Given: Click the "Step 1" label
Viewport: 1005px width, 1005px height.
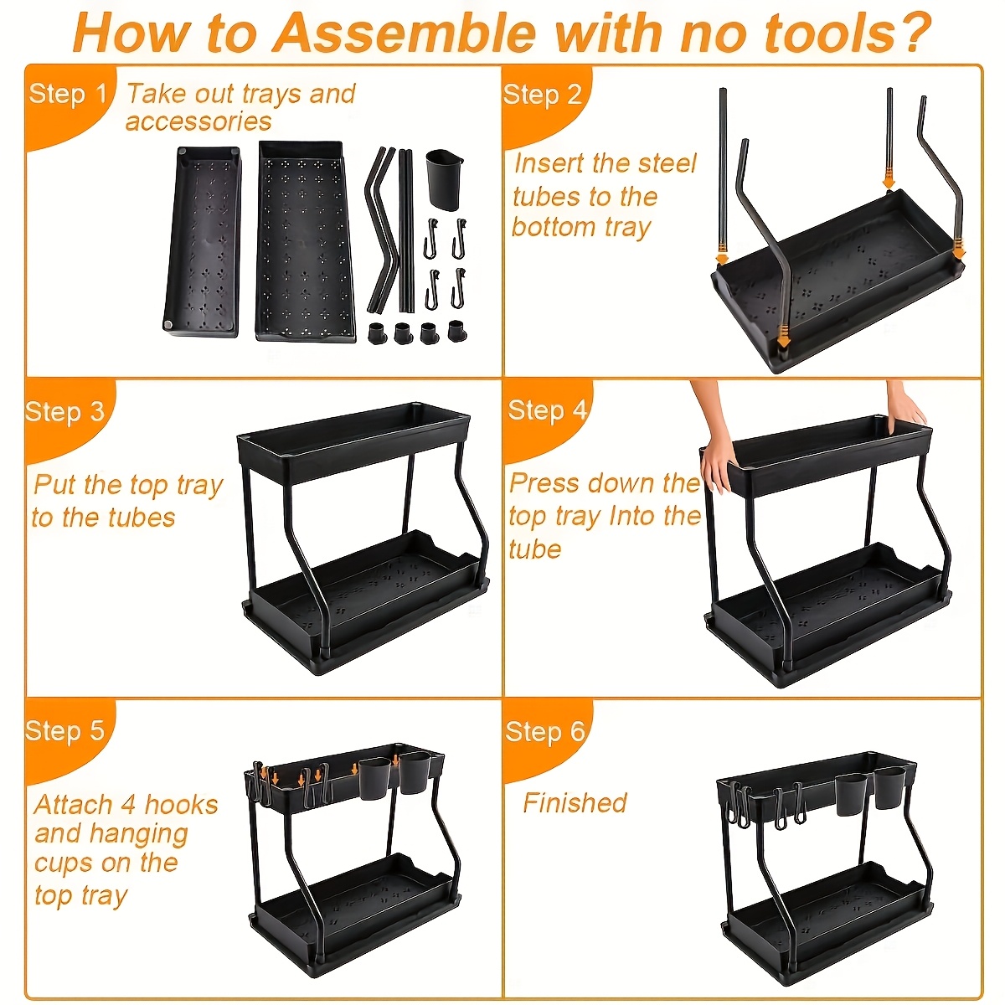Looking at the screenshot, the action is [x=67, y=94].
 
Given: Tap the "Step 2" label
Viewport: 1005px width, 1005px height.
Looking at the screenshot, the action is [x=543, y=95].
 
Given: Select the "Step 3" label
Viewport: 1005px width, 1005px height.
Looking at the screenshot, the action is [x=65, y=412].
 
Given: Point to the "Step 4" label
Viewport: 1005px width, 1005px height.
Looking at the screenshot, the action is [x=548, y=410].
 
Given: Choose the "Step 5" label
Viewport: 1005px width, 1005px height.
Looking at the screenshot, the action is [x=65, y=730].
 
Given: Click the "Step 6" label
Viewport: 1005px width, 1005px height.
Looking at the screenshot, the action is [x=545, y=731].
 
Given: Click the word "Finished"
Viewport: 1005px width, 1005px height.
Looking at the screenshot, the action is [x=575, y=802].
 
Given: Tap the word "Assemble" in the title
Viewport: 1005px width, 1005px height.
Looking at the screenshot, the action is [x=405, y=32].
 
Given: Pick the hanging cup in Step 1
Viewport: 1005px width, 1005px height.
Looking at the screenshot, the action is [x=445, y=180].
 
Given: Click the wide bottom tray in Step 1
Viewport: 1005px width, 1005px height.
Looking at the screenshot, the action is [x=307, y=240].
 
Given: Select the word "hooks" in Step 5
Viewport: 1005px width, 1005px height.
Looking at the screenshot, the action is [x=181, y=805].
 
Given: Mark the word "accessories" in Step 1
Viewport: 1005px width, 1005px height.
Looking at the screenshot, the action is [x=198, y=121].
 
